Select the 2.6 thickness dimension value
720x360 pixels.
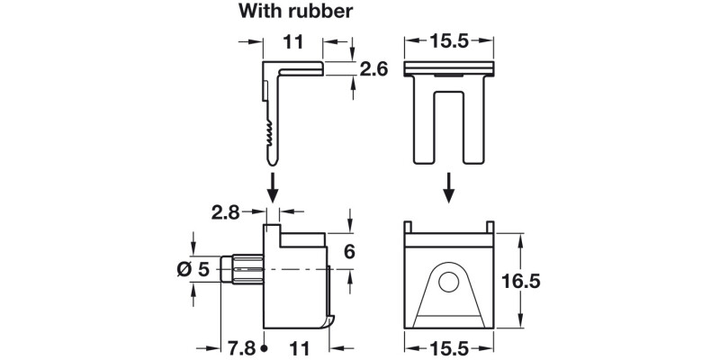click(x=373, y=70)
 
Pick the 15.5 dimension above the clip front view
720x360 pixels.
click(x=450, y=41)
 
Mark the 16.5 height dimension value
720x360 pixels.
click(x=545, y=281)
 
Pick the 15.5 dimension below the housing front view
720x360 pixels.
click(x=450, y=346)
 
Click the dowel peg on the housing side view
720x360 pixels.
click(x=241, y=268)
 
